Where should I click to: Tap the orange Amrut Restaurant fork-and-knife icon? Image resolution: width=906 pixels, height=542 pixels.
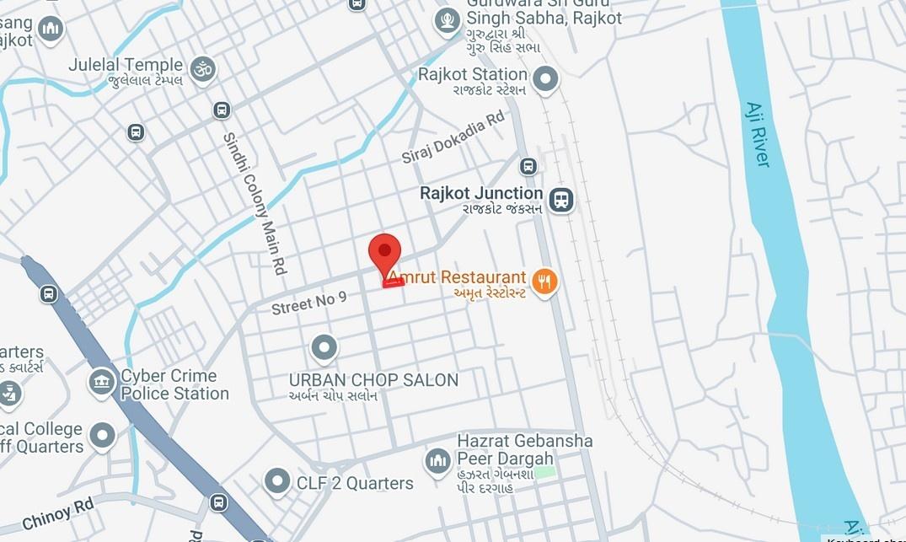point(544,282)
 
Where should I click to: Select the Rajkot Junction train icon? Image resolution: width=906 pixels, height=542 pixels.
point(560,201)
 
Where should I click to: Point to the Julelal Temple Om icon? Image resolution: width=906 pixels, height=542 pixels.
point(202,69)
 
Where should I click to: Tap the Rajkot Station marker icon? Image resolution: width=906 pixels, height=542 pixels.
point(545,80)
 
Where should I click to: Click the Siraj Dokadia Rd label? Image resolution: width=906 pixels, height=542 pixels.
point(453,137)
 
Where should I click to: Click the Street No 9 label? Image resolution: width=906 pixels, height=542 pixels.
point(308,303)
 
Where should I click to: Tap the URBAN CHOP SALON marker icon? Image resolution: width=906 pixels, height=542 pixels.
point(324,347)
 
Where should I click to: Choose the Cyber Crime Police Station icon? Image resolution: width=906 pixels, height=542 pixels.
point(102,382)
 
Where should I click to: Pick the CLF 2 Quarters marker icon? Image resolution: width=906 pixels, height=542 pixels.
point(277,482)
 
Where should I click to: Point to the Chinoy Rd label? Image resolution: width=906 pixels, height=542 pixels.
point(58,513)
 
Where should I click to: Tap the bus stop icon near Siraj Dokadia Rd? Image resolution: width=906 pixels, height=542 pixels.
point(528,167)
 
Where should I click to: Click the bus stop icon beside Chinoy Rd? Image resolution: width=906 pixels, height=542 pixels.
point(218,502)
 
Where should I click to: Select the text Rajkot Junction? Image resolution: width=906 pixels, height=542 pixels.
point(481,193)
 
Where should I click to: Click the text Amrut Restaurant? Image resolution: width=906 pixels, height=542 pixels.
point(457,277)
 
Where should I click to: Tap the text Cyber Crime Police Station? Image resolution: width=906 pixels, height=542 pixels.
point(174,384)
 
